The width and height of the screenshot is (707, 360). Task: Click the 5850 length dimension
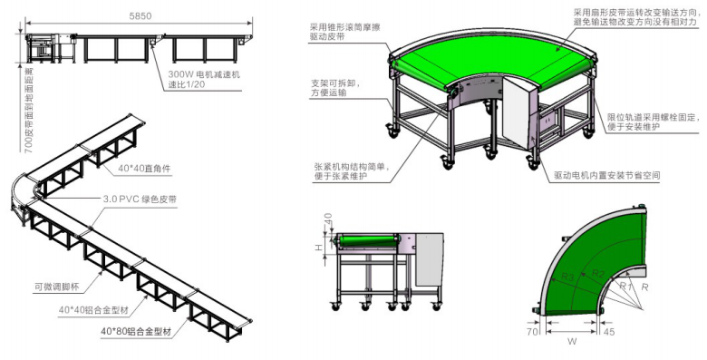[140, 15]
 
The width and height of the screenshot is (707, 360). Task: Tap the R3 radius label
[567, 274]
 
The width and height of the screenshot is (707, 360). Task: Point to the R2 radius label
[598, 271]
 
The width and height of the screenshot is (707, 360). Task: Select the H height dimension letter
[315, 246]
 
